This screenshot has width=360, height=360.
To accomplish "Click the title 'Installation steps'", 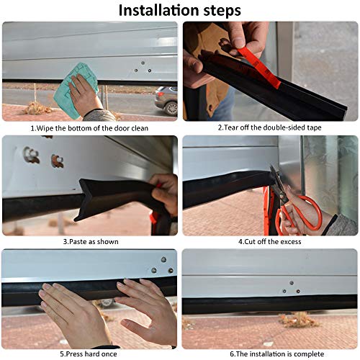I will [x=180, y=10].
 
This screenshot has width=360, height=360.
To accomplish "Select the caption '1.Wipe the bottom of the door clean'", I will [x=90, y=127].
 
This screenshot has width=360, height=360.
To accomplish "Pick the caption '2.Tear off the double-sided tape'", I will [x=269, y=127].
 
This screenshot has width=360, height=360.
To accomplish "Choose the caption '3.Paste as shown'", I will [x=90, y=241].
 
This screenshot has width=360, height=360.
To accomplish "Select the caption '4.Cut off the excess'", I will [x=269, y=241].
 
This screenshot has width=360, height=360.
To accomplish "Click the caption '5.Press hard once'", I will [x=90, y=355].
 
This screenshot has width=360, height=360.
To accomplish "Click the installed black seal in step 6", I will [x=269, y=302].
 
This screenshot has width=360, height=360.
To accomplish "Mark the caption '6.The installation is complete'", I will [x=269, y=355].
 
